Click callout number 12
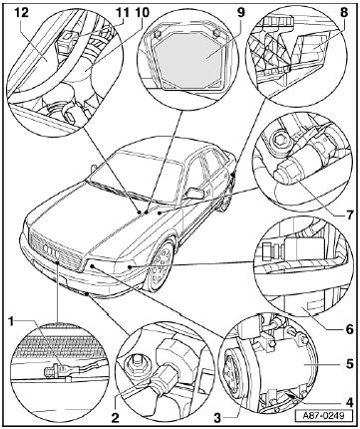pos(22,13)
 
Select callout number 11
pos(123,13)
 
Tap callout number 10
pos(142,13)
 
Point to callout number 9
pos(240,13)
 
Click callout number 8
pos(344,13)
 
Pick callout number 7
pos(349,215)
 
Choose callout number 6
pos(349,329)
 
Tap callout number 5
pos(349,363)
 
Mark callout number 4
pos(349,402)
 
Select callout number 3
pos(217,418)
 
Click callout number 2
pos(115,418)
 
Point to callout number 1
pos(12,321)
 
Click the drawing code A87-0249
pos(319,415)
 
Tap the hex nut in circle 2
pos(135,367)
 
